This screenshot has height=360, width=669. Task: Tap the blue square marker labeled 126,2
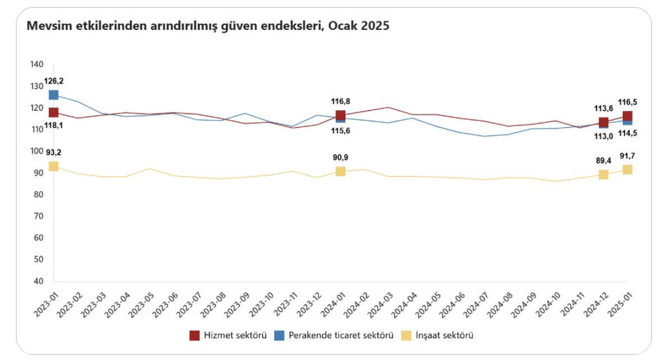(x=53, y=95)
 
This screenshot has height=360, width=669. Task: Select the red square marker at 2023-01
(x=53, y=112)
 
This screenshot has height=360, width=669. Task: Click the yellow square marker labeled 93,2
(x=53, y=166)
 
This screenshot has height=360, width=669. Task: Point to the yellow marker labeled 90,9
(x=340, y=171)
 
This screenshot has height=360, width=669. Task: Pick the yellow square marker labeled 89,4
(x=603, y=174)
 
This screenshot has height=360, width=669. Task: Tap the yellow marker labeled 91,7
(x=627, y=169)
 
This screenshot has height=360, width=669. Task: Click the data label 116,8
(x=340, y=101)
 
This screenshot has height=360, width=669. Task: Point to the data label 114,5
(x=629, y=133)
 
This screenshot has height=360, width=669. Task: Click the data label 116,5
(x=629, y=102)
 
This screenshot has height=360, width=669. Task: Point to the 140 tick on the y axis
(x=37, y=65)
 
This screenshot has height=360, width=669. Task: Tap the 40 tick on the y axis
(x=39, y=281)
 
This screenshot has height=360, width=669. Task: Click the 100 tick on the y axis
(x=37, y=151)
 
